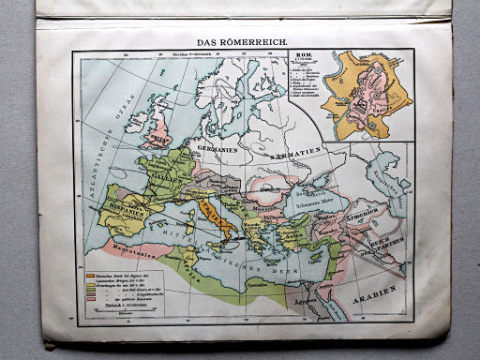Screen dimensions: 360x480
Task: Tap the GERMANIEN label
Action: pos(214,147)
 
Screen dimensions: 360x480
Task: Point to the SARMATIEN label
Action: pos(296,149)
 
